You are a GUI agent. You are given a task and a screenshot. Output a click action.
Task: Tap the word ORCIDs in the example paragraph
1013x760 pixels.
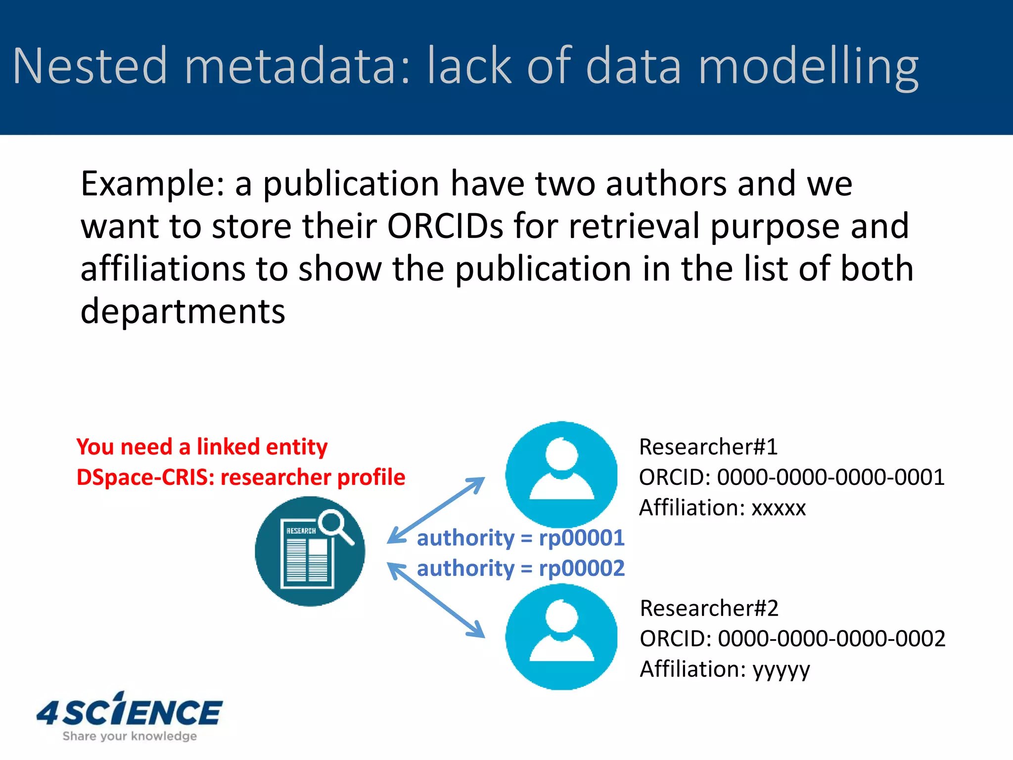point(445,226)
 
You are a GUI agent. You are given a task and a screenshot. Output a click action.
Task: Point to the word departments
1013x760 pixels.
point(183,311)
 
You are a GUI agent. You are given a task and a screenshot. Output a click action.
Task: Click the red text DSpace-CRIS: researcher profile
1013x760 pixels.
point(241,477)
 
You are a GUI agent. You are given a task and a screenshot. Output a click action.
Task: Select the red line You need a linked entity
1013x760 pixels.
point(202,447)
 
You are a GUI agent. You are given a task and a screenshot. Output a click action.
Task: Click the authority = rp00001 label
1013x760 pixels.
point(520,538)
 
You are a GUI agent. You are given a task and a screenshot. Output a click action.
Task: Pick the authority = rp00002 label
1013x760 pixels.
point(520,569)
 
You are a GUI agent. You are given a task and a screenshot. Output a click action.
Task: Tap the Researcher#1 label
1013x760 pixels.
point(708,447)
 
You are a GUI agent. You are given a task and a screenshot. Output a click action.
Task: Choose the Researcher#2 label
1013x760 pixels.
point(709,608)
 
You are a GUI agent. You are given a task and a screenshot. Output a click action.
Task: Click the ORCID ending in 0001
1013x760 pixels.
point(791,477)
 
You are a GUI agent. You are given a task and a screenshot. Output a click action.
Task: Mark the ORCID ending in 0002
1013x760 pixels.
point(792,639)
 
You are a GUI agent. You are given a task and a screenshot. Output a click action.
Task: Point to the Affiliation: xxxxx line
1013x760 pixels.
point(722,508)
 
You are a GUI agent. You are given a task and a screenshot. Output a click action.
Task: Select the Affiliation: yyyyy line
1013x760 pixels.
point(725,669)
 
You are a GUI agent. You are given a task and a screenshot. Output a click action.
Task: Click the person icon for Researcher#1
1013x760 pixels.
point(561,474)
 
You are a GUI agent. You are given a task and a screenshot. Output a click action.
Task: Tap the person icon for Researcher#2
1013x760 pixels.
point(561,636)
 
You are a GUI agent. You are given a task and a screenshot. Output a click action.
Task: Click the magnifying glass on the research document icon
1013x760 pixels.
point(334,525)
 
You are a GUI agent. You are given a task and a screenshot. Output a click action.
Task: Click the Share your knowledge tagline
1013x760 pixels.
point(130,736)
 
